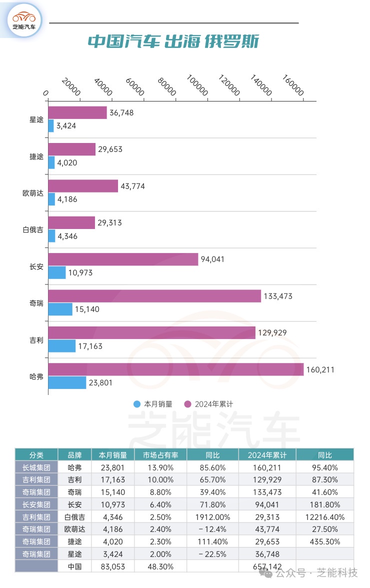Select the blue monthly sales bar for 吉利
(62, 346)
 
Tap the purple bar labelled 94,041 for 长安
(123, 259)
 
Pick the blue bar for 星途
(51, 126)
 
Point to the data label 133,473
(279, 296)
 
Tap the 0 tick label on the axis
(46, 93)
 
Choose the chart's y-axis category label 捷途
(36, 156)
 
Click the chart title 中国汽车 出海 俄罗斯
(173, 41)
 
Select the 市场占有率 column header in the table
(161, 455)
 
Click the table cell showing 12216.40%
(325, 517)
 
